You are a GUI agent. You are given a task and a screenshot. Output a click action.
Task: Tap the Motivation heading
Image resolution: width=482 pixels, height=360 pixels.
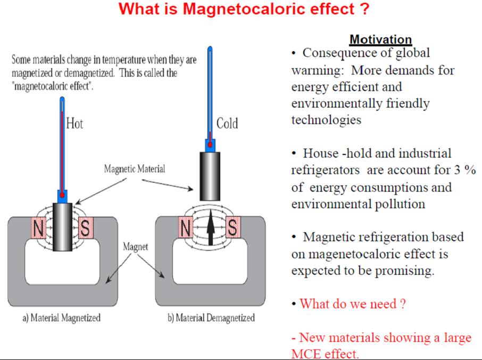[380, 39]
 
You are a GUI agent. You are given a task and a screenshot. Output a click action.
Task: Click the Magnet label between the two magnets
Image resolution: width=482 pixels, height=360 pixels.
[136, 247]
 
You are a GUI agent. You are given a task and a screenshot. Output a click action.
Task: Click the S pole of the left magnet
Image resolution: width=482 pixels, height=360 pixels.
[84, 228]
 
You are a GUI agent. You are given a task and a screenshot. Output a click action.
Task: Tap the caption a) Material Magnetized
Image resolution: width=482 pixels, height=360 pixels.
[61, 318]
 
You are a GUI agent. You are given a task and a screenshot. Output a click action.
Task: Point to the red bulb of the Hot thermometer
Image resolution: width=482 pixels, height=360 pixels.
[62, 195]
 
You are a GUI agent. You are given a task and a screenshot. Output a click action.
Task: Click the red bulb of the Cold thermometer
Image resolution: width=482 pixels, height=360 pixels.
[211, 144]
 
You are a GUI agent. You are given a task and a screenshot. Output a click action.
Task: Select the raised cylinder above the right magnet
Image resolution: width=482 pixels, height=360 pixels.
[211, 173]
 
